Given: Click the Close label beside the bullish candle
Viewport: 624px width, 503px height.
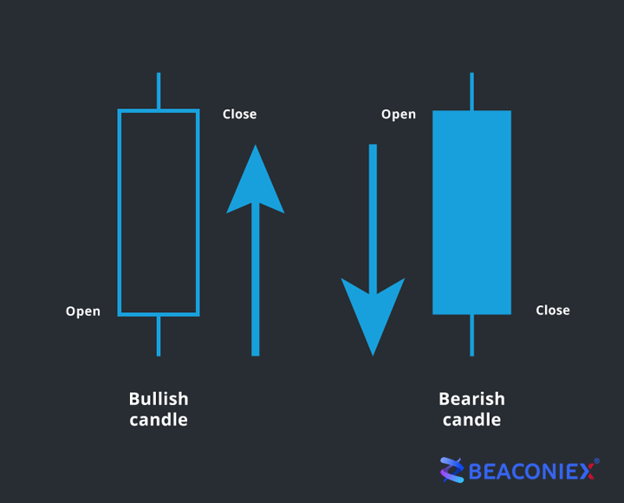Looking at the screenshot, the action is [239, 114].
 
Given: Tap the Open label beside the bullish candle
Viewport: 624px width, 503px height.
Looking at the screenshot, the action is [83, 311].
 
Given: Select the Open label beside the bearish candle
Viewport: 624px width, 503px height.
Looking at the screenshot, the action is [399, 114].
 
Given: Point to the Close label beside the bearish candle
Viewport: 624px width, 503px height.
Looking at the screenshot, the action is [553, 310].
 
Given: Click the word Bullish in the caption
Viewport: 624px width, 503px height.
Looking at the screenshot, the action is [159, 399].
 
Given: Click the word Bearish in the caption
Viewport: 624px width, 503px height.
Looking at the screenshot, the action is [472, 399].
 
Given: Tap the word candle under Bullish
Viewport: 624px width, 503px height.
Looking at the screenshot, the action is [159, 420].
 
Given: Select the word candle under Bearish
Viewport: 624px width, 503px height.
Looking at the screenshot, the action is [472, 420].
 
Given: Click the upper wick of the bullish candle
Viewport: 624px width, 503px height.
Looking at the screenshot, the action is [159, 91].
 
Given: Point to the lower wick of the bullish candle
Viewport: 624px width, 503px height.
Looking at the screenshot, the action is [159, 336].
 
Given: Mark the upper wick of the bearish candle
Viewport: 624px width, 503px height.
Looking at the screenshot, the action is [472, 92].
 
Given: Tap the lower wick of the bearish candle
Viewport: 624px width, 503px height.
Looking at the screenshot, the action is [472, 336].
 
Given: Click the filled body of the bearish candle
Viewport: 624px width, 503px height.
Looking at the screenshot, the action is [472, 212].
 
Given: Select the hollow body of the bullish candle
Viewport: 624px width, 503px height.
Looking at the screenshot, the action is [119, 212].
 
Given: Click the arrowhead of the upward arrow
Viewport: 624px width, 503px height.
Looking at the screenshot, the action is [256, 183].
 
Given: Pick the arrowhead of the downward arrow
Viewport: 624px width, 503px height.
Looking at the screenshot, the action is [373, 315].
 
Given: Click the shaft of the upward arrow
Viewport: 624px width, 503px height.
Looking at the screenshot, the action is [256, 279].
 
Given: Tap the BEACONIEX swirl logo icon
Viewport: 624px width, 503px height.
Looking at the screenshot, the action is [452, 470].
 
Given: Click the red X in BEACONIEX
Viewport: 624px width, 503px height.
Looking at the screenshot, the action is [586, 472].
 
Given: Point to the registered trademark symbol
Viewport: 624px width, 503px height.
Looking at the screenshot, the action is [596, 461].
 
